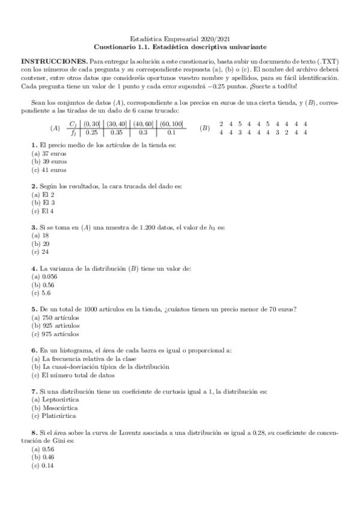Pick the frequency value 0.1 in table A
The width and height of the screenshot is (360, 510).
click(x=171, y=133)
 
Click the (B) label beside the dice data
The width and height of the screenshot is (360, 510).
click(x=204, y=129)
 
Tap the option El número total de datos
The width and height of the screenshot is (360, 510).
click(x=74, y=375)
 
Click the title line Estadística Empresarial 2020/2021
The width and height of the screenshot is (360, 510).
click(x=180, y=37)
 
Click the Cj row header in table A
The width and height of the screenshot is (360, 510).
click(x=73, y=124)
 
